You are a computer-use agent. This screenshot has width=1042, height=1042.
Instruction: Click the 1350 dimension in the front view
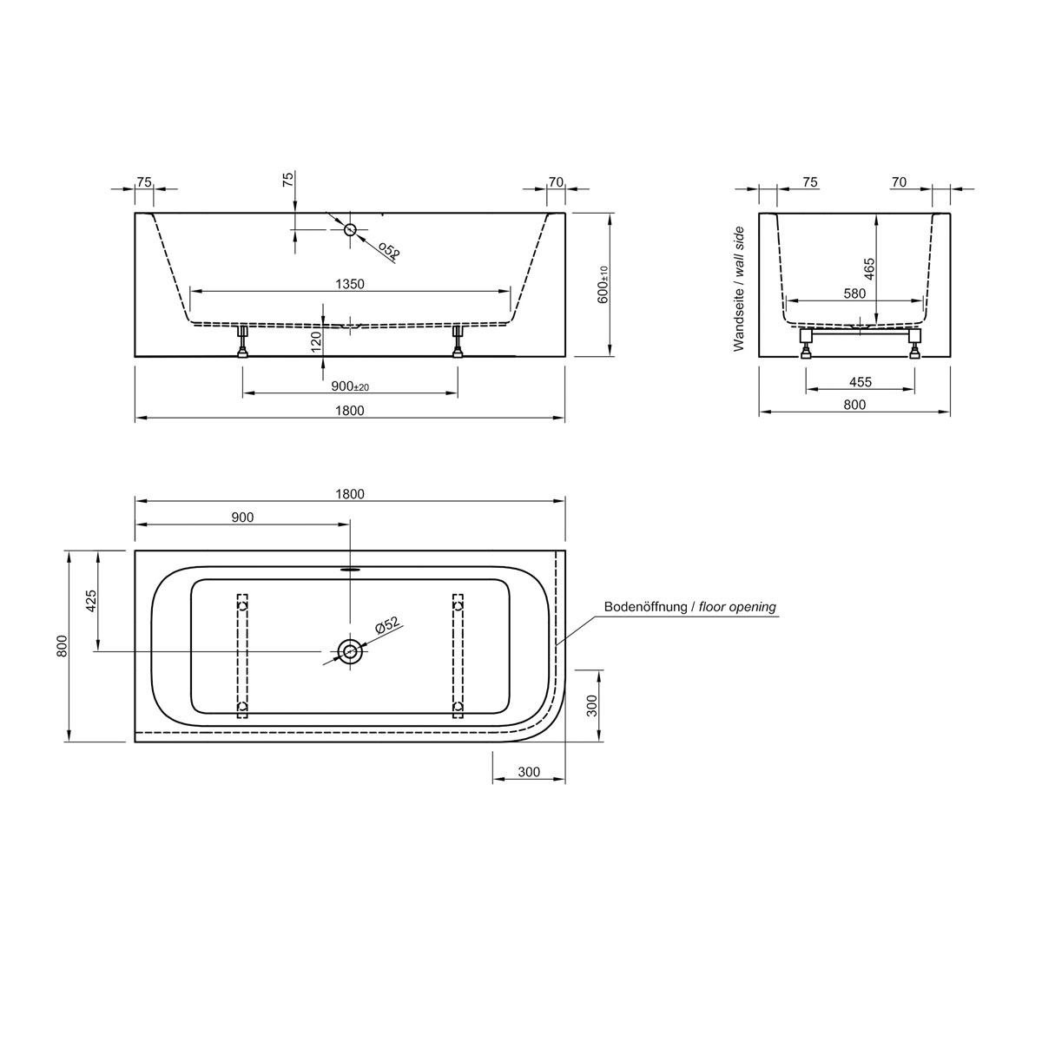coord(350,284)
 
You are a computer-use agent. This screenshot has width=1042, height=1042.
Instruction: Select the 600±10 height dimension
coord(603,284)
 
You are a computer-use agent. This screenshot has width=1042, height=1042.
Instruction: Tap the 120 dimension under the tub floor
coord(316,338)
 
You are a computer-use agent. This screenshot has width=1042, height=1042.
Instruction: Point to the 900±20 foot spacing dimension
coord(350,386)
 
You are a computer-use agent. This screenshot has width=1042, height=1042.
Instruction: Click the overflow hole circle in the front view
coord(350,229)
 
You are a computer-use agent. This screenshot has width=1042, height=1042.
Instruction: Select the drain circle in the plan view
coord(350,651)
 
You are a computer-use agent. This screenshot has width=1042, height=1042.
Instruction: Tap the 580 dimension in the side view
coord(854,293)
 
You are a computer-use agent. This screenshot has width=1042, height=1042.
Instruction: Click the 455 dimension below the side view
coord(861,382)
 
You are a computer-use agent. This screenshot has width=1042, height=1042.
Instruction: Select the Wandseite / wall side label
coord(740,288)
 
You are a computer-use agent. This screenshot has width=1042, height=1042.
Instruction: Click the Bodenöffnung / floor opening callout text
coord(689,607)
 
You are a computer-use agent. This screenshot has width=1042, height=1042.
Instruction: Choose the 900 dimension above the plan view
coord(242,517)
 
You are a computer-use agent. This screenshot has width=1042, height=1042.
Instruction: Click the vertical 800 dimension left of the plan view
coord(62,646)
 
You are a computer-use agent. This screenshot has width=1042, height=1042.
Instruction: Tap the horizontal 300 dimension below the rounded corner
coord(529,772)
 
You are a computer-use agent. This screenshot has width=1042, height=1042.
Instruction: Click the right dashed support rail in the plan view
coord(458,656)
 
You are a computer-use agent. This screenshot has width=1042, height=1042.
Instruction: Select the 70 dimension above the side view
coord(899,181)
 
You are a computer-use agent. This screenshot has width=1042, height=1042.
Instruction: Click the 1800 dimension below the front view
coord(350,411)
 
